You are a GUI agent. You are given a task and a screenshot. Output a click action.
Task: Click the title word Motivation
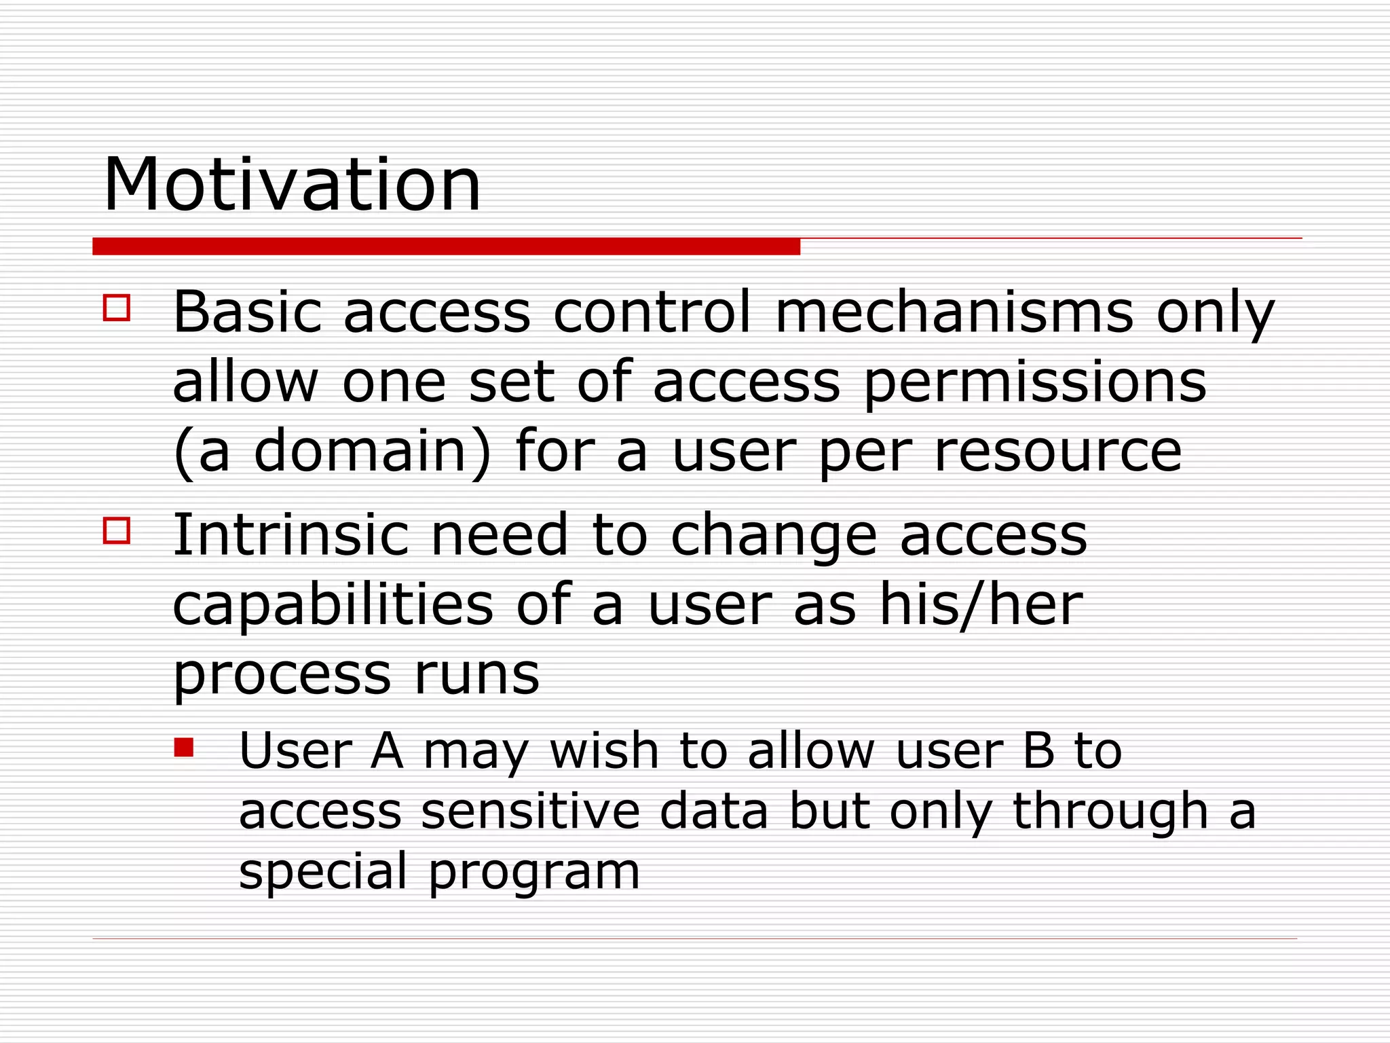[292, 185]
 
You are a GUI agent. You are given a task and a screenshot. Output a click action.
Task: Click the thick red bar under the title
[446, 246]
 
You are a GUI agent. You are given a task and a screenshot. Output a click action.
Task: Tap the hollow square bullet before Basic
[117, 307]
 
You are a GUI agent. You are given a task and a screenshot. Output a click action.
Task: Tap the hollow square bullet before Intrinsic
[117, 530]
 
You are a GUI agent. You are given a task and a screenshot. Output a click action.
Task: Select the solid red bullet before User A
[184, 748]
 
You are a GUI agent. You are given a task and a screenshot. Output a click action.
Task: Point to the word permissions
[1034, 382]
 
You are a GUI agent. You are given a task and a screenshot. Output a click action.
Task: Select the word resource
[1058, 452]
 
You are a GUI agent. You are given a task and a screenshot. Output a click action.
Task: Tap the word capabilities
[333, 605]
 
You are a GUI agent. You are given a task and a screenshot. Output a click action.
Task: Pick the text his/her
[980, 605]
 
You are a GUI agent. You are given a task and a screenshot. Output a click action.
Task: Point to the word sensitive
[530, 811]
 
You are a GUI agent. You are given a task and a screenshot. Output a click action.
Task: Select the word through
[1110, 811]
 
